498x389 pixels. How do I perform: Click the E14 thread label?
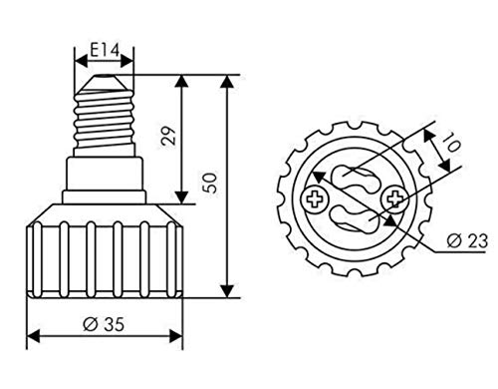click(x=105, y=51)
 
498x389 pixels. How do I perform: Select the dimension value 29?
click(x=168, y=135)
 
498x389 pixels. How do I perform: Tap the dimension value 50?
click(x=211, y=183)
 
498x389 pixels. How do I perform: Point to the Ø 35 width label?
click(x=104, y=324)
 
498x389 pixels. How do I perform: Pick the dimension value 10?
click(x=451, y=142)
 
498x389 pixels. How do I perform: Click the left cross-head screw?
click(x=315, y=200)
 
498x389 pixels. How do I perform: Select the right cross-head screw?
click(x=395, y=199)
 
